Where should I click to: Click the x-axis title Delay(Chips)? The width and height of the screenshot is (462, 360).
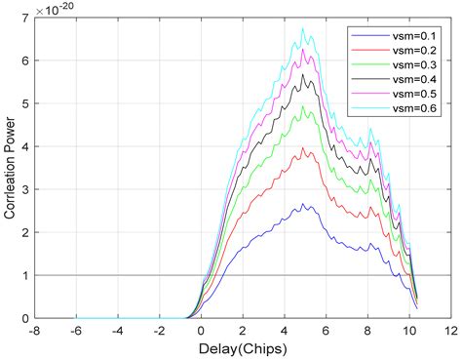click(x=240, y=348)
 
